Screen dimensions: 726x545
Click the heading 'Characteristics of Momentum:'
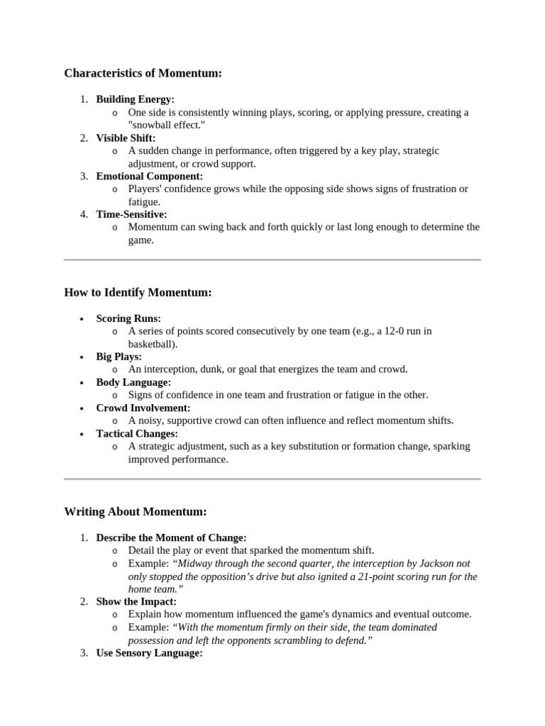(143, 73)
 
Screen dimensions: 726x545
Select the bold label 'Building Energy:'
(135, 99)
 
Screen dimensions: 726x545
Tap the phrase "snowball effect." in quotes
(167, 125)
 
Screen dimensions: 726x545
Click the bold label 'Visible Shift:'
(126, 138)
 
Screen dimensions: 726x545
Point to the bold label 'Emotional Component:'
(149, 176)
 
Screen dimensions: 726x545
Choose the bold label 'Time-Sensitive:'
(131, 214)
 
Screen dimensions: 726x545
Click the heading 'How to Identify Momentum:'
(138, 292)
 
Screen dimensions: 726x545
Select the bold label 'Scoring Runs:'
(128, 318)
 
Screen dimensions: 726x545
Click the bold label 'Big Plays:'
(119, 357)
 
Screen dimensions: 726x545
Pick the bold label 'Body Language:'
(133, 382)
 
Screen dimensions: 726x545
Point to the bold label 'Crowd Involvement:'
(143, 408)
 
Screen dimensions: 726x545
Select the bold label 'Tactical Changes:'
(137, 433)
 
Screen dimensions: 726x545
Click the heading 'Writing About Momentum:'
(135, 511)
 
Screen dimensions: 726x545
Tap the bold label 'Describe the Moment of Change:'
(171, 537)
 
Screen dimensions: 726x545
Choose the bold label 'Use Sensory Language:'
(149, 653)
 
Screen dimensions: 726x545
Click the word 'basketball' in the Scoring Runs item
(151, 344)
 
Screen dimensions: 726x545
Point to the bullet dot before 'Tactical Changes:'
(82, 434)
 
